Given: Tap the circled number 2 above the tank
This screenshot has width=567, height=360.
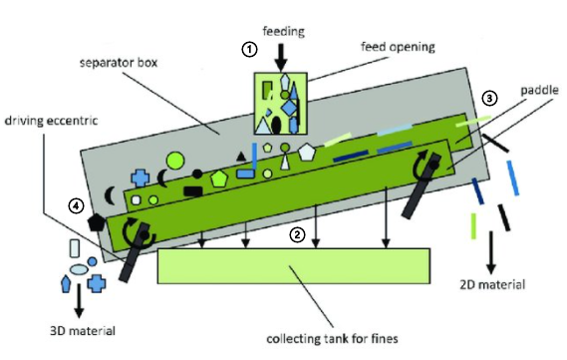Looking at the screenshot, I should pyautogui.click(x=296, y=236).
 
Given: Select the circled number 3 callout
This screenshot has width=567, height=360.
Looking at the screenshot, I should pyautogui.click(x=487, y=98).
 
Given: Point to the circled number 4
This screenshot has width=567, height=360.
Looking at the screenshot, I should pyautogui.click(x=75, y=206).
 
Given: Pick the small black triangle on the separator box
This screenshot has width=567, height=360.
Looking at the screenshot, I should pyautogui.click(x=239, y=156).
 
